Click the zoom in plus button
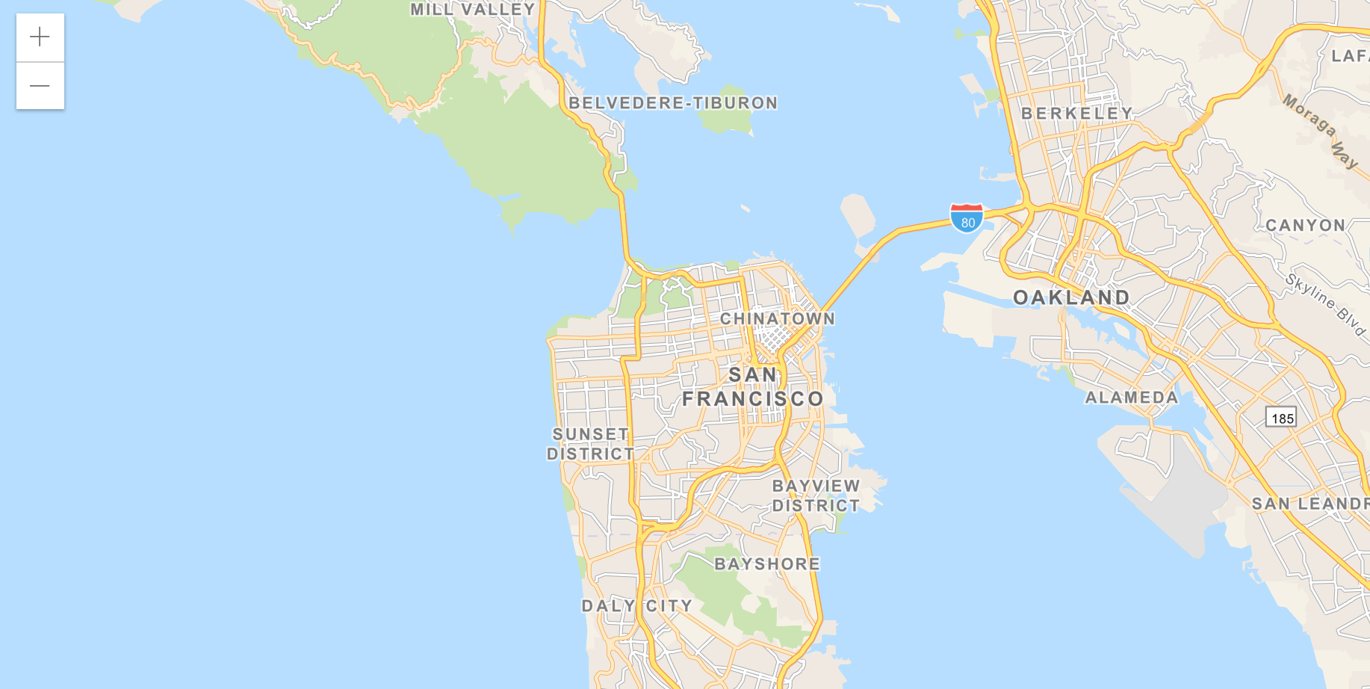(x=40, y=37)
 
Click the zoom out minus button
(x=40, y=86)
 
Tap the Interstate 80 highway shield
(x=967, y=217)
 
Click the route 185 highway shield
(x=1281, y=418)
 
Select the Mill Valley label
(x=473, y=10)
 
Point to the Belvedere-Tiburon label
(x=673, y=103)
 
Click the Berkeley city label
(x=1077, y=114)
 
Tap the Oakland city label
(x=1071, y=297)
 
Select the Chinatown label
(x=777, y=319)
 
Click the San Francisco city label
(x=752, y=387)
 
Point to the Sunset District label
(x=590, y=444)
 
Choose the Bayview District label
(x=816, y=495)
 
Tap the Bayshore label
(x=767, y=564)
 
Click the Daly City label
(x=637, y=606)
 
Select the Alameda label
(x=1131, y=398)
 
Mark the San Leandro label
(x=1310, y=504)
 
